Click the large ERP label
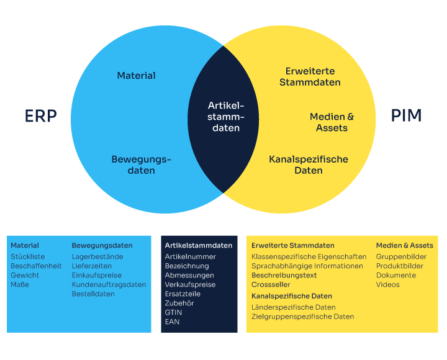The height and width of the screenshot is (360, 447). (41, 116)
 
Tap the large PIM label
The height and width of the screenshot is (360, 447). (406, 115)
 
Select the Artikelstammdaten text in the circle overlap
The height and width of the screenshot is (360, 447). (226, 117)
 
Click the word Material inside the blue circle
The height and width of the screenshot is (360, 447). (136, 76)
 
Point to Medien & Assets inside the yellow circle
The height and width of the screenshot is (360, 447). (332, 122)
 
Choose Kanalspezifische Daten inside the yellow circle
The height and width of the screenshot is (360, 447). (309, 164)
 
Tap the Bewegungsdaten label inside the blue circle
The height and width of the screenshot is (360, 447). (141, 164)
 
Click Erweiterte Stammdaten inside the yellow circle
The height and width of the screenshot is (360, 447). (310, 77)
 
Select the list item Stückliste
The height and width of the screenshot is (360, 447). (28, 256)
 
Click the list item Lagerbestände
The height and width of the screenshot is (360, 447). (97, 256)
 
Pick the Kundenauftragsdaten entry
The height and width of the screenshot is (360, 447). (109, 284)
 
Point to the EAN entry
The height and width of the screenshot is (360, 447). (172, 322)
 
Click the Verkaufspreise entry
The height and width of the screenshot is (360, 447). (190, 284)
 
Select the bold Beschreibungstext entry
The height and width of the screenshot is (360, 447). (284, 276)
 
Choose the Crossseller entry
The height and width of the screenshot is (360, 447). (271, 284)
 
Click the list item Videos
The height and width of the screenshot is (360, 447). (387, 284)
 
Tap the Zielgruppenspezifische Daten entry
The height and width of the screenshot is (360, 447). (303, 317)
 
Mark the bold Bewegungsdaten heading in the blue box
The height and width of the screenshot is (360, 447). (102, 245)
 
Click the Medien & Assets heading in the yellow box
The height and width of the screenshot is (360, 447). (405, 245)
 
